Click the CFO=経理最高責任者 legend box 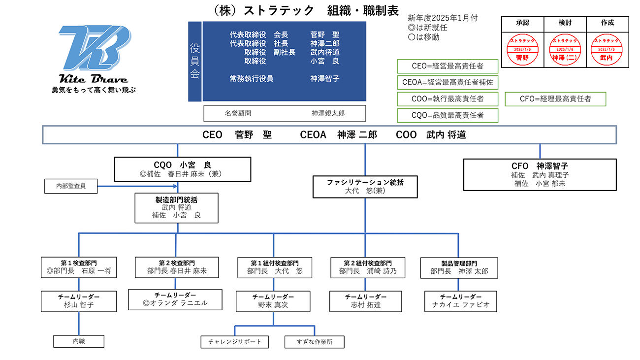pos(555,99)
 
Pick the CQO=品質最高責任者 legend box pos(448,115)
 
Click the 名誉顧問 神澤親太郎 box pos(285,113)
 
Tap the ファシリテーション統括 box pos(365,187)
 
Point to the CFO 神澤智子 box pos(540,174)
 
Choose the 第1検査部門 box pos(79,267)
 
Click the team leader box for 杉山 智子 pos(79,301)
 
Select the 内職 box pos(79,341)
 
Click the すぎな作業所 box pos(314,342)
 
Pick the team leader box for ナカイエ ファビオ pos(460,301)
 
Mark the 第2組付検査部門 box pos(368,267)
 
